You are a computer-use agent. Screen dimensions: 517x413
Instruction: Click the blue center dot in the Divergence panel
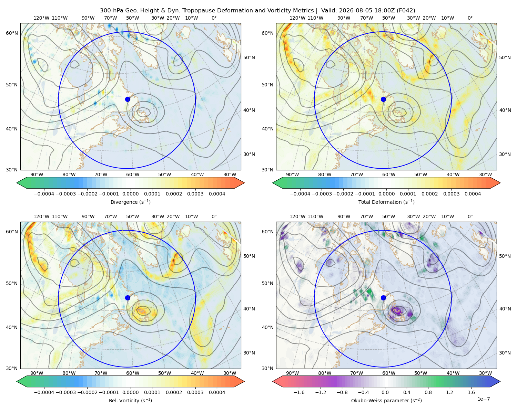click(x=128, y=99)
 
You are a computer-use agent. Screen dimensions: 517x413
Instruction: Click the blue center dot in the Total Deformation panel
click(x=383, y=99)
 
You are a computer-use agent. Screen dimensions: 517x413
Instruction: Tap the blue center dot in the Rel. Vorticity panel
click(x=128, y=298)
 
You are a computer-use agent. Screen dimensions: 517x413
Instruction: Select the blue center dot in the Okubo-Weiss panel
click(x=383, y=298)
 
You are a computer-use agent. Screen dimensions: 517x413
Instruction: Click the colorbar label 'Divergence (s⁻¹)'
click(x=130, y=202)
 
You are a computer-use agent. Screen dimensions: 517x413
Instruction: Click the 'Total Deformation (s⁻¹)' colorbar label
click(x=386, y=202)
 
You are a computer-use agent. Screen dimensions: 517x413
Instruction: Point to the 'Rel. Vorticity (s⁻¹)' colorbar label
click(x=130, y=400)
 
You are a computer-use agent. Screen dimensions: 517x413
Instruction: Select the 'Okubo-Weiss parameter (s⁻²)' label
click(x=386, y=400)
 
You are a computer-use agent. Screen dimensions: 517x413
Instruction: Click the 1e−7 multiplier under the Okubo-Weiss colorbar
click(x=483, y=399)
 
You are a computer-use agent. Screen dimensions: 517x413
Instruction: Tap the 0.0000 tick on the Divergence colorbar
click(x=130, y=194)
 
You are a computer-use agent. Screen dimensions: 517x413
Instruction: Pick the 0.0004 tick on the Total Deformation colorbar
click(x=473, y=194)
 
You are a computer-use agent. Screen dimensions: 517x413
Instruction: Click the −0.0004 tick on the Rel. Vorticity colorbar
click(x=44, y=392)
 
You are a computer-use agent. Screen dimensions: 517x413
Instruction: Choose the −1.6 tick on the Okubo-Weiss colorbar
click(x=299, y=392)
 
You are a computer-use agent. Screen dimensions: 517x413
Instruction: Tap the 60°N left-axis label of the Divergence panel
click(x=12, y=33)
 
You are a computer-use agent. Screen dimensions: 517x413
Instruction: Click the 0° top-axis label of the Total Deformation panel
click(x=470, y=18)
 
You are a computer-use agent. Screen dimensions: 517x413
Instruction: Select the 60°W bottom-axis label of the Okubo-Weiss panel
click(x=389, y=373)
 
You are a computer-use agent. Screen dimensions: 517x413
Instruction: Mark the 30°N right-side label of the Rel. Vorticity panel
click(x=249, y=353)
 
